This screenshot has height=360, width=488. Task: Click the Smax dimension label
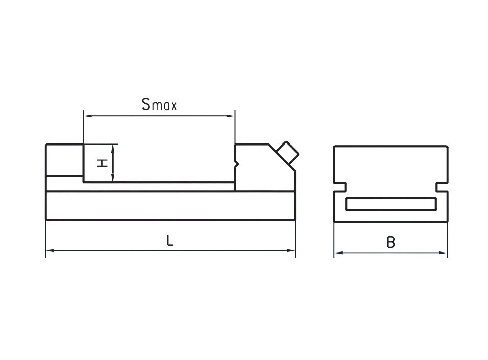coord(159,104)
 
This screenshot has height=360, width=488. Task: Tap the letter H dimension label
coord(102,163)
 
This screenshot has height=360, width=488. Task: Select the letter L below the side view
coord(170,240)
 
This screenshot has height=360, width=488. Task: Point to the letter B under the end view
coord(391,242)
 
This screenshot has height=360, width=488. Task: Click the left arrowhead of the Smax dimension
coord(88,116)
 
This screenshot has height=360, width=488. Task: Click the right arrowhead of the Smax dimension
coord(231,116)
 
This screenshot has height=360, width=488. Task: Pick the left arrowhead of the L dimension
coord(50,250)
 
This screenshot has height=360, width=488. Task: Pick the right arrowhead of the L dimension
coord(291,250)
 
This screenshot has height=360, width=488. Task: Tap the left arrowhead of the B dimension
coord(339,253)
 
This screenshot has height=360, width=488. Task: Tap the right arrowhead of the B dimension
coord(443,253)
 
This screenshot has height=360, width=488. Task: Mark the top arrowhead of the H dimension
coord(114,149)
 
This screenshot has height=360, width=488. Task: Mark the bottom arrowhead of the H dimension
coord(114,177)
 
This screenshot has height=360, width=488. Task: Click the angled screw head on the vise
coord(288,153)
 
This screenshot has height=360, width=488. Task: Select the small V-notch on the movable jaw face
coord(236,163)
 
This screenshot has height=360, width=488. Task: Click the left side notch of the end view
coord(340,187)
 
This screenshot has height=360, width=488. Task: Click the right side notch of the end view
coord(442,187)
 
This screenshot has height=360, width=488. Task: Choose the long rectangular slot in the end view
coord(391,204)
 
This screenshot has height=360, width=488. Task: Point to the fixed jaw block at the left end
coord(64,160)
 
